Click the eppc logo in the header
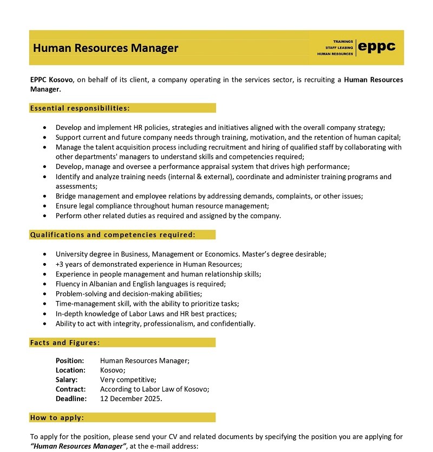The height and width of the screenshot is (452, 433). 377,47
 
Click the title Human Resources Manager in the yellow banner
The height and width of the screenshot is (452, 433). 106,48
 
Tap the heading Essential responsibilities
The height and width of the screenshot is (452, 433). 80,108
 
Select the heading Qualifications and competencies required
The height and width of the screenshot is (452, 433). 113,235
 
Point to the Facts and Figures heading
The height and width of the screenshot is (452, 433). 65,343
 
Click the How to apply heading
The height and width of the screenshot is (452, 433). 57,417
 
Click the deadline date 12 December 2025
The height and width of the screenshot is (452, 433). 131,399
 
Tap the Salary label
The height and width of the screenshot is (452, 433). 67,379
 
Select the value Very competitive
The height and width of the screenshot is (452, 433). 128,379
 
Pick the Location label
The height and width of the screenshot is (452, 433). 70,370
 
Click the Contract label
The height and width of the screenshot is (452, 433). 70,389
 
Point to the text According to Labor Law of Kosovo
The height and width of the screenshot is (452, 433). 154,389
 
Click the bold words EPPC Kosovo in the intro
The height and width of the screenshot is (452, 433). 51,80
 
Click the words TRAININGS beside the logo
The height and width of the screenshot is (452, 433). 343,42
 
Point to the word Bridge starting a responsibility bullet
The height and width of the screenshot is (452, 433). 66,196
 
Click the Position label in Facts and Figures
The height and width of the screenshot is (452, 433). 70,361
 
